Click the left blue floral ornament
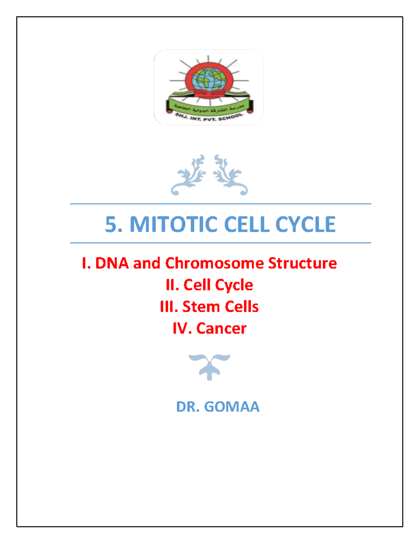pos(189,175)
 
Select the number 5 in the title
pos(111,224)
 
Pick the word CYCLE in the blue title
pos(305,224)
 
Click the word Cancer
pos(221,328)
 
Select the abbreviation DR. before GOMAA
pos(188,407)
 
